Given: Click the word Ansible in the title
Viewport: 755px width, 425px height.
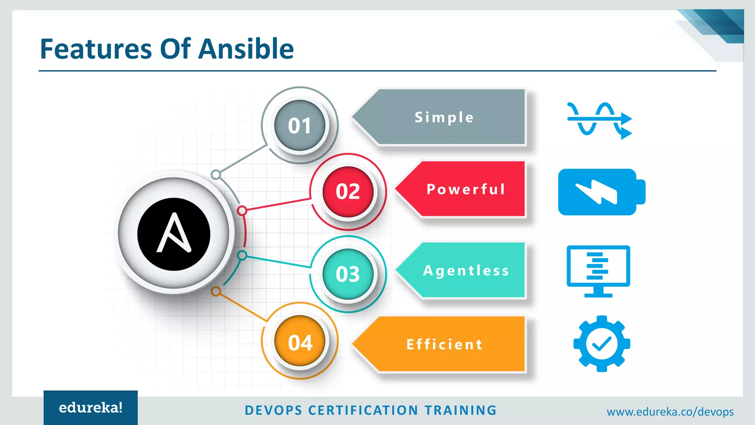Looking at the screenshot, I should point(246,49).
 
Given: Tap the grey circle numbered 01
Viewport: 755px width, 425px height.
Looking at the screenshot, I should point(300,125).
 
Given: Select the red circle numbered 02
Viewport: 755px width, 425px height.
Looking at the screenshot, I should point(348,191).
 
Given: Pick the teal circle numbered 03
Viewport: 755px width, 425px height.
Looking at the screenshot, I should point(348,274).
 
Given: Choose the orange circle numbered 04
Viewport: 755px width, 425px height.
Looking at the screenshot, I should point(300,342).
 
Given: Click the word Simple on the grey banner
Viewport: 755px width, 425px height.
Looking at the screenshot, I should point(444,117).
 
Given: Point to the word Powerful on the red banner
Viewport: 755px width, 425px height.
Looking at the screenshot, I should point(466,189).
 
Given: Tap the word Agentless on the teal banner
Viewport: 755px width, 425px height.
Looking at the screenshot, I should point(466,270).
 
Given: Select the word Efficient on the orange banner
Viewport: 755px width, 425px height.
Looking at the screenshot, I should point(444,344).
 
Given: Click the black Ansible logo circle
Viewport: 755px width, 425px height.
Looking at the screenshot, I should point(174,234).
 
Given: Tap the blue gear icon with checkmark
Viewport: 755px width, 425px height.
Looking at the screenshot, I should point(602,343).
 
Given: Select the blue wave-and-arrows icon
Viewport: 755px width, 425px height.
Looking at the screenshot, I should point(599,120).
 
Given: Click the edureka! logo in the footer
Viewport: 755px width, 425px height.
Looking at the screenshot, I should point(91,408).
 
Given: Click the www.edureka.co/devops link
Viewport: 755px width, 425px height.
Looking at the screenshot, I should point(670,412).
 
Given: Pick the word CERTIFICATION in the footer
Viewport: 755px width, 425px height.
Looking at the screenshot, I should point(363,410).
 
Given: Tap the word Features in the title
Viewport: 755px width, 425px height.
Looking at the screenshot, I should point(96,49).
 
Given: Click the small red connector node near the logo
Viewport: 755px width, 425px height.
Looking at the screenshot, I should point(242,211).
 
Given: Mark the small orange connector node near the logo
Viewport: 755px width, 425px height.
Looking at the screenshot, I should point(216,292).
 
